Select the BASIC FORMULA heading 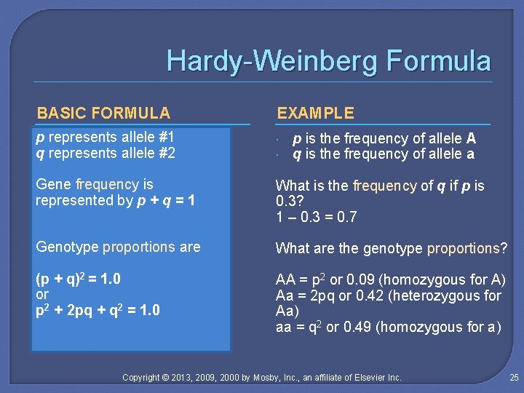tap(103, 113)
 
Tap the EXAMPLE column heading tap(315, 113)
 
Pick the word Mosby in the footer tap(271, 377)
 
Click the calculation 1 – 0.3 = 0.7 tap(316, 218)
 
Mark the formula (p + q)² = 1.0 tap(78, 279)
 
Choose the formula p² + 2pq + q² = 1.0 tap(98, 311)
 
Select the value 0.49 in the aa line tap(356, 327)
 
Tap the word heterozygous tap(439, 295)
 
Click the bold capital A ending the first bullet tap(471, 138)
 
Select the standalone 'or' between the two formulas tap(42, 295)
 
